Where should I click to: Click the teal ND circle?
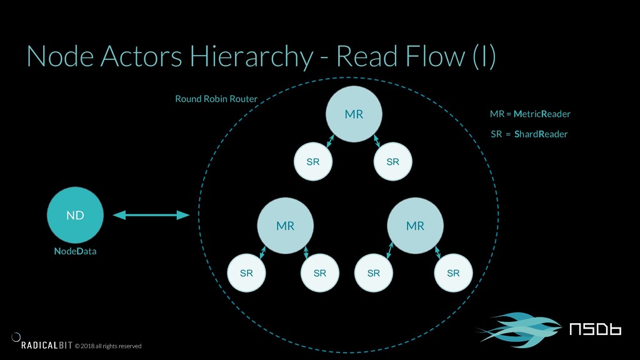(x=75, y=215)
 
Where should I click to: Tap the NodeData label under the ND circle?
(x=75, y=251)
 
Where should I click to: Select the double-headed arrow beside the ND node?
(x=151, y=215)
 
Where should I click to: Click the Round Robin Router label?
(x=216, y=99)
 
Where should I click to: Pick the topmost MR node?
(x=354, y=114)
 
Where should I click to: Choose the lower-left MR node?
(x=285, y=226)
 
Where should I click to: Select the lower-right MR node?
(x=415, y=226)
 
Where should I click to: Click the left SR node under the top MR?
(x=313, y=162)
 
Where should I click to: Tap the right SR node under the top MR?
(x=392, y=162)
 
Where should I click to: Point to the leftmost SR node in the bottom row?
(x=246, y=273)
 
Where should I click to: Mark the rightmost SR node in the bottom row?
(x=454, y=273)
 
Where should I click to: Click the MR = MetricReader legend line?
(x=530, y=114)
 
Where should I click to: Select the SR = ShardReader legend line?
(x=529, y=134)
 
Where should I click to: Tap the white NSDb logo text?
(x=596, y=329)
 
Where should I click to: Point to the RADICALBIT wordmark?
(x=47, y=345)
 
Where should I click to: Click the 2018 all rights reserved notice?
(x=108, y=346)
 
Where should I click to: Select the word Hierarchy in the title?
(x=251, y=56)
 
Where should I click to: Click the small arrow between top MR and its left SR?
(x=330, y=141)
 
